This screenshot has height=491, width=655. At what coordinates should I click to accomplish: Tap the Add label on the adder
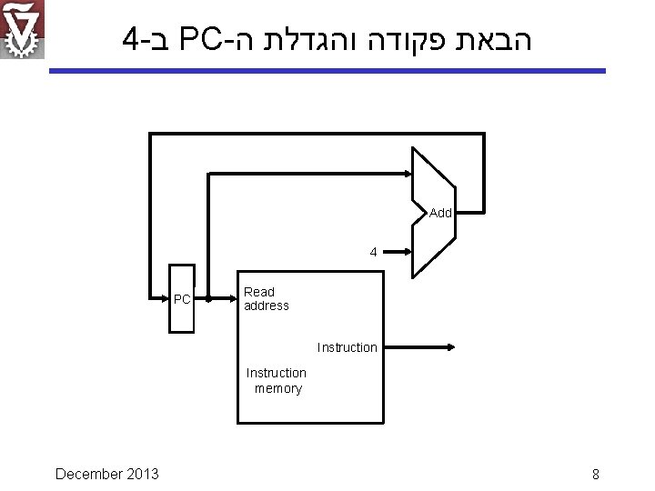[440, 213]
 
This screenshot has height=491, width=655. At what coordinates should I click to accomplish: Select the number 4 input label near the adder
[373, 252]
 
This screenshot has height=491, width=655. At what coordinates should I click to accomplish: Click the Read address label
[266, 299]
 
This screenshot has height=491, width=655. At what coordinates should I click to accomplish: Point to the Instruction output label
[347, 347]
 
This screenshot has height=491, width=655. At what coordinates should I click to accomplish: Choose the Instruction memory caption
[277, 381]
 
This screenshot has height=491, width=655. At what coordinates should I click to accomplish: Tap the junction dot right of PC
[208, 298]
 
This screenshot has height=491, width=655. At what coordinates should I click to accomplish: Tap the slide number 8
[595, 474]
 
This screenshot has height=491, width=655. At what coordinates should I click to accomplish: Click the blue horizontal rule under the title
[327, 70]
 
